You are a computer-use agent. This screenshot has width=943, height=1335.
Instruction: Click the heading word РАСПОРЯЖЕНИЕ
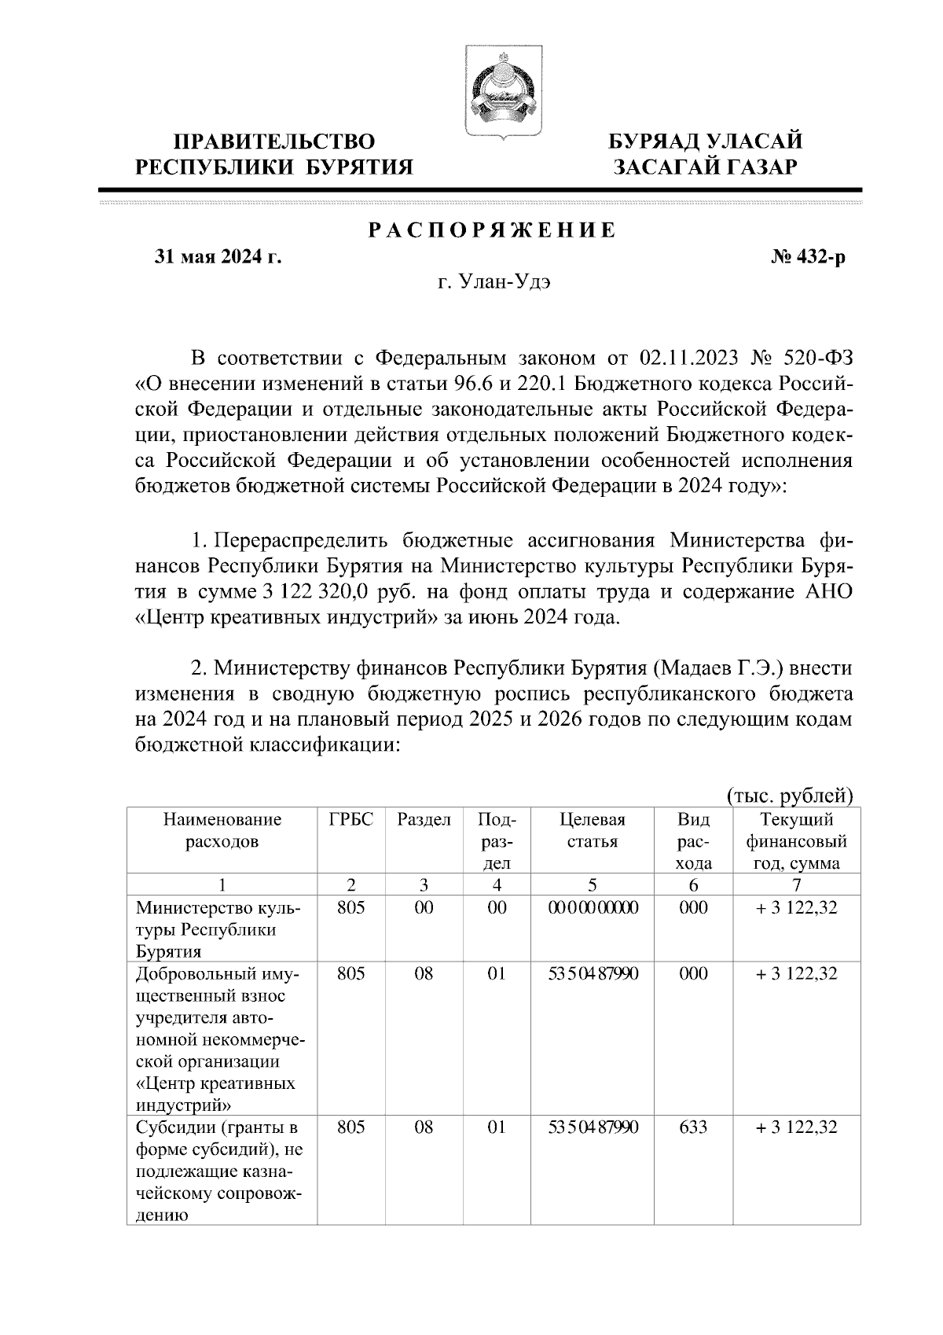pyautogui.click(x=492, y=230)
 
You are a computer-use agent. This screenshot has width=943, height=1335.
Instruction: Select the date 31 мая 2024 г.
pyautogui.click(x=218, y=257)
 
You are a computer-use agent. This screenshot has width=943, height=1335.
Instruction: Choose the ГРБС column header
pyautogui.click(x=350, y=820)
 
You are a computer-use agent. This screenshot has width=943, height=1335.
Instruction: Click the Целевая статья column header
pyautogui.click(x=593, y=831)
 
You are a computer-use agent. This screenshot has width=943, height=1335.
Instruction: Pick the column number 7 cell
pyautogui.click(x=796, y=884)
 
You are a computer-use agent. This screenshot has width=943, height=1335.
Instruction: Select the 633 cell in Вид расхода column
pyautogui.click(x=693, y=1127)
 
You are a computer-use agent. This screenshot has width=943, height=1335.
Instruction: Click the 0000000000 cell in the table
pyautogui.click(x=593, y=908)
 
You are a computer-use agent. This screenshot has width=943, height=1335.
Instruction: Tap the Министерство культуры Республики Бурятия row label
pyautogui.click(x=218, y=929)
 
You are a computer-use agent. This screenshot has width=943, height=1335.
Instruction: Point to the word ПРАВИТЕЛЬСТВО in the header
pyautogui.click(x=273, y=142)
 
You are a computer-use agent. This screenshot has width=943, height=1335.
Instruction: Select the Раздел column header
pyautogui.click(x=424, y=820)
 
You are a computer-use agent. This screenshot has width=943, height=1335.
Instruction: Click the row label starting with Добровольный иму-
pyautogui.click(x=219, y=1039)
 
